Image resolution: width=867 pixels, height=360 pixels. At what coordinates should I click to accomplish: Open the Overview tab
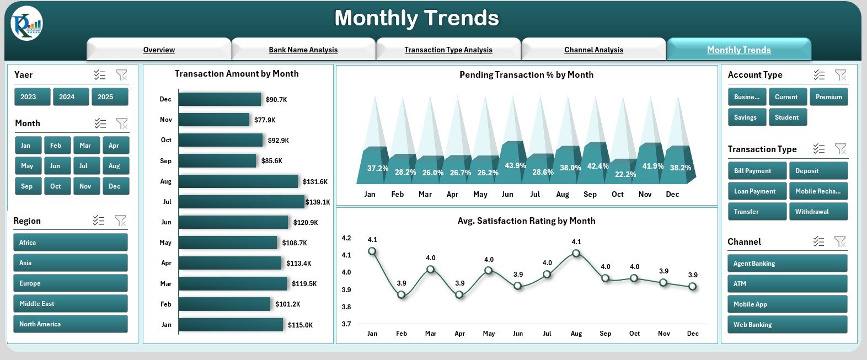tap(159, 50)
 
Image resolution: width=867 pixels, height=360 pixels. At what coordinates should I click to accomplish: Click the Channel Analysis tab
tap(593, 50)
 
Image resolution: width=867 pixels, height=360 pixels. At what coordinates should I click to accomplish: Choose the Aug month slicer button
tap(115, 166)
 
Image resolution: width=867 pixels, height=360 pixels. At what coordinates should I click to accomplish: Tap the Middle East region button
tap(70, 304)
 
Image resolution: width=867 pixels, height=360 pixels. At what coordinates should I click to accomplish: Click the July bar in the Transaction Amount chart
tap(241, 202)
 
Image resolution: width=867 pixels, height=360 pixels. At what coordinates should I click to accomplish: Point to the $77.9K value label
tap(265, 120)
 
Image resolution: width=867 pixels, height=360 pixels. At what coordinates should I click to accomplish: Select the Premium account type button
tap(828, 97)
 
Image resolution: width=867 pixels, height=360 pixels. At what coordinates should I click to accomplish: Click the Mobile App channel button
tap(786, 304)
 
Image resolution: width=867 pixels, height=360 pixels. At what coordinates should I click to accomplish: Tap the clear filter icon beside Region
tap(120, 221)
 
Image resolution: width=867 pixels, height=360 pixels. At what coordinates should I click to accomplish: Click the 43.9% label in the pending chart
tap(515, 165)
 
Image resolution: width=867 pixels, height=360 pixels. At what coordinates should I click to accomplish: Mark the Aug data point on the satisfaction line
tap(576, 253)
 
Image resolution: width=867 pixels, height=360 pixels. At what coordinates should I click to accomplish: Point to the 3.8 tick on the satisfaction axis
tap(346, 307)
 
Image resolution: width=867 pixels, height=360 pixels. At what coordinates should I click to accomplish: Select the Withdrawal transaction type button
tap(817, 212)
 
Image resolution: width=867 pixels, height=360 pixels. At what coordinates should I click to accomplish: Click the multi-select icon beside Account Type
tap(819, 75)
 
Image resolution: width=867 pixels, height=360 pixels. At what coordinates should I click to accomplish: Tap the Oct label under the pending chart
tap(617, 194)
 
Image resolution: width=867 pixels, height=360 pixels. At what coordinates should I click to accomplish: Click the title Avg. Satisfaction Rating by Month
tap(526, 221)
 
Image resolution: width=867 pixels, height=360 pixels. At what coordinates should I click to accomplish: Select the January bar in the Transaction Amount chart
tap(231, 325)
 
